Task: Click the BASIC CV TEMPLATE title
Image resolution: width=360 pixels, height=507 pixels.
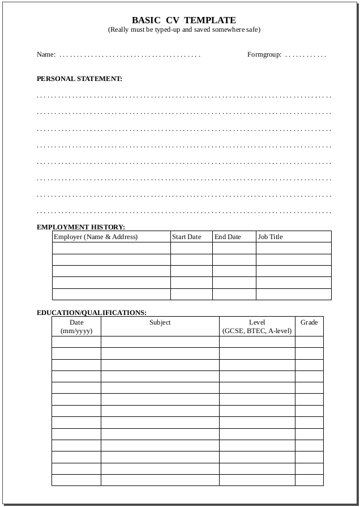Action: (x=184, y=20)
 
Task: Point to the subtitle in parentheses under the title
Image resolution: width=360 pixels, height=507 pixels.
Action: (x=184, y=29)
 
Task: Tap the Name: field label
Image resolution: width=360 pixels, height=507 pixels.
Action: (x=46, y=55)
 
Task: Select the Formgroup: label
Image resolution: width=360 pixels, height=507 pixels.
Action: (x=264, y=55)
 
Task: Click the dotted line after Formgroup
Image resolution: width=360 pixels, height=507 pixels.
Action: (x=306, y=56)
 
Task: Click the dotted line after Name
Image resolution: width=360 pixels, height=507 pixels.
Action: (x=130, y=56)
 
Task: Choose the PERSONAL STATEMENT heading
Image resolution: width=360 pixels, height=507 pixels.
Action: (x=79, y=79)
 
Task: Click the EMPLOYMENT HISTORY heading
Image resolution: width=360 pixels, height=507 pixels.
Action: (x=81, y=227)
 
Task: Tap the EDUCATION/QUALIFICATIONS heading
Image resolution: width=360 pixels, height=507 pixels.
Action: (x=92, y=312)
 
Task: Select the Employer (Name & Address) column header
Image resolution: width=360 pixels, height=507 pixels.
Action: (x=96, y=237)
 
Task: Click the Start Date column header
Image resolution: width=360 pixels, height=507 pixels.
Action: (x=187, y=237)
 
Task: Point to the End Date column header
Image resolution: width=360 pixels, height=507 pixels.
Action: (x=228, y=237)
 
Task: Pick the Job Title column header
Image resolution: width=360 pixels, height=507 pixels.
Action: (x=270, y=237)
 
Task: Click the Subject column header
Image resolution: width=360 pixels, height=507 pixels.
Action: (x=160, y=322)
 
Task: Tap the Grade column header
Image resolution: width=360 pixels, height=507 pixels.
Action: (x=309, y=322)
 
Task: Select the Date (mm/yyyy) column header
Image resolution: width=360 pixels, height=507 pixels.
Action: (x=76, y=326)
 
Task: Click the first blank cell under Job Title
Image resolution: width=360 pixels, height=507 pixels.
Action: (x=294, y=248)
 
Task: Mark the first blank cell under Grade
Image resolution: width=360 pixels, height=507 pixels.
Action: (x=309, y=342)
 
